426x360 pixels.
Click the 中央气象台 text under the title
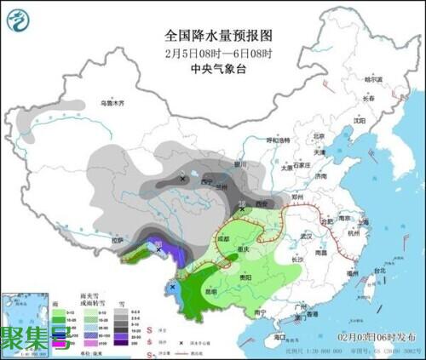pos(217,69)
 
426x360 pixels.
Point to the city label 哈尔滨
pos(375,79)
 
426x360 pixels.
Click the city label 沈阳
pos(359,121)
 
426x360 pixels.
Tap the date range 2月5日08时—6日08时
pos(217,53)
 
